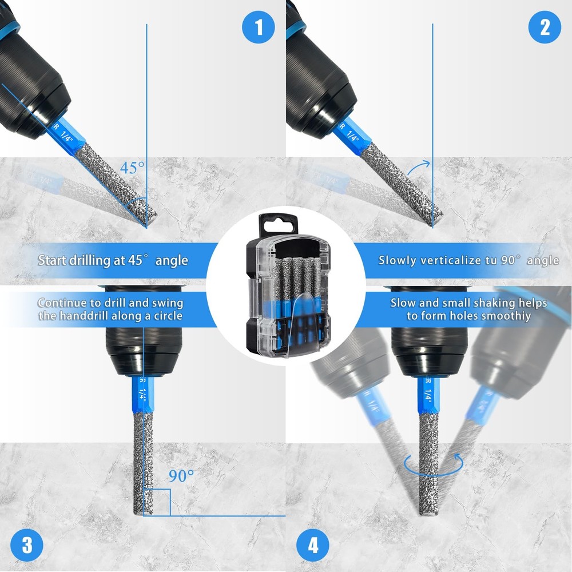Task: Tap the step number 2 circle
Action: tap(544, 27)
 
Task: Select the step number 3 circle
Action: tap(27, 544)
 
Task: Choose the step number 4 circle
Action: tap(313, 544)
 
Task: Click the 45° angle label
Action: tap(133, 168)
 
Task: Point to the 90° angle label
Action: tap(181, 475)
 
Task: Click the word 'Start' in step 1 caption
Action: tap(53, 260)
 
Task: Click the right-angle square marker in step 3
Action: tap(157, 502)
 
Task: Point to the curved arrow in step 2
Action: tap(421, 167)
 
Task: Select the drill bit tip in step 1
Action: tap(150, 217)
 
